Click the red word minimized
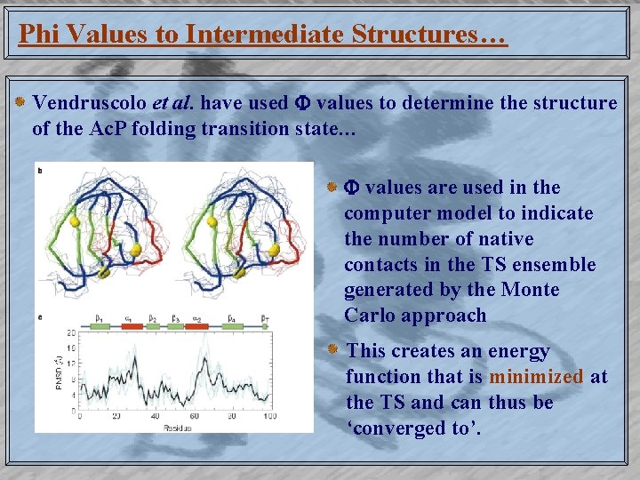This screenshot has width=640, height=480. [536, 377]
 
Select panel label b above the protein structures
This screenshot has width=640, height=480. [40, 169]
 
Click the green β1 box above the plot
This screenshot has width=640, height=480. [100, 326]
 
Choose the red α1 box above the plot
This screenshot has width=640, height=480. [131, 326]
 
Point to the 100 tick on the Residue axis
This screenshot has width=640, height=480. [268, 416]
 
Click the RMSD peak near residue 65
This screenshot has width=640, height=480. [205, 359]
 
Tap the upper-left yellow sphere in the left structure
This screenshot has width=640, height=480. [75, 222]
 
